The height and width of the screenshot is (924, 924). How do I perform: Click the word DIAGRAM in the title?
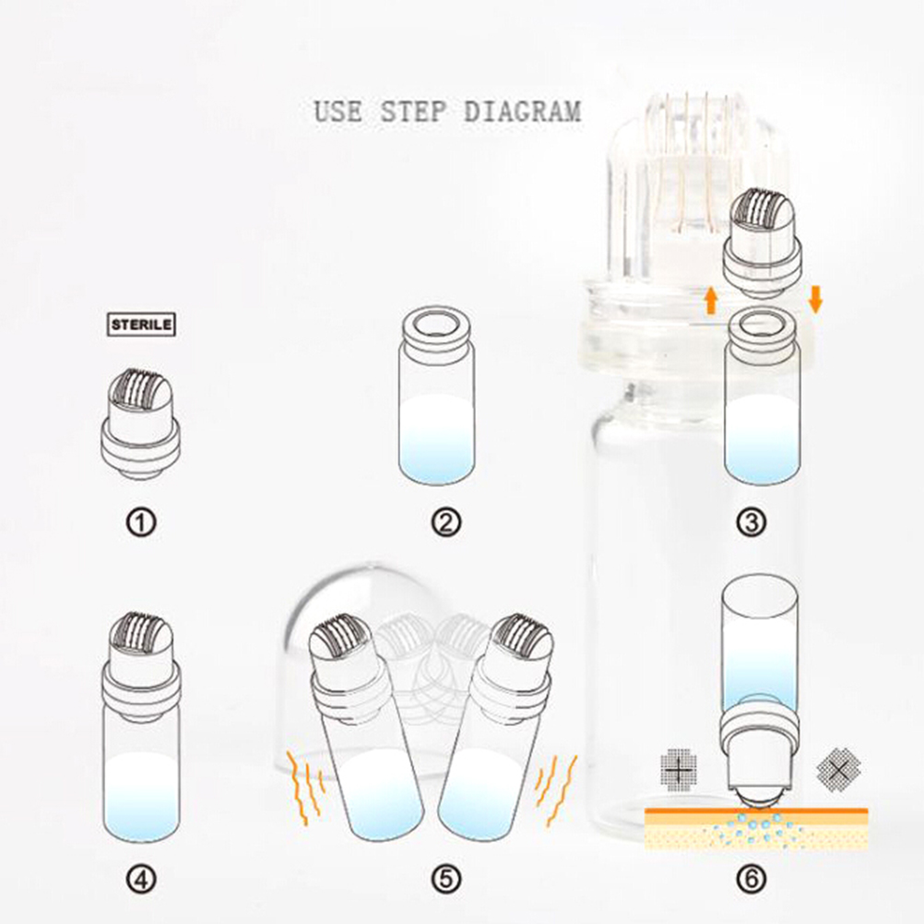click(522, 111)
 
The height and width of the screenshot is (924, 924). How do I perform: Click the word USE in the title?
click(338, 111)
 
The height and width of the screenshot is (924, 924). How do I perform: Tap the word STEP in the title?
click(412, 111)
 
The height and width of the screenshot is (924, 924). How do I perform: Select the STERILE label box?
click(141, 325)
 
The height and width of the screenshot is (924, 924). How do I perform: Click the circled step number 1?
click(141, 522)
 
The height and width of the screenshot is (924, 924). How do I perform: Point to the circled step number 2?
click(445, 522)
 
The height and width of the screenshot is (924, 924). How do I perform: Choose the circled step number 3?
click(752, 522)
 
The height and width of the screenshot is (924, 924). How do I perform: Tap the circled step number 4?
click(141, 880)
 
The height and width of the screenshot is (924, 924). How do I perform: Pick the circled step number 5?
click(445, 880)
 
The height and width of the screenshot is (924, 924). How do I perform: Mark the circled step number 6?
click(752, 880)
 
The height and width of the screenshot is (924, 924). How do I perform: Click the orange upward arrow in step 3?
click(711, 300)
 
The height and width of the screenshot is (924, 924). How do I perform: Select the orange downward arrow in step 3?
click(815, 299)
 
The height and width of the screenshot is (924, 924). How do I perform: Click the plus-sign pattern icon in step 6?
click(679, 768)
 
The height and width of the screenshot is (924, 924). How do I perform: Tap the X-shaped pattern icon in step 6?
click(838, 768)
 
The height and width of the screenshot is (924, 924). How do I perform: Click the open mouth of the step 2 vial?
click(436, 323)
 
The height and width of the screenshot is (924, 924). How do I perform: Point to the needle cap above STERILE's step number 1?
click(140, 423)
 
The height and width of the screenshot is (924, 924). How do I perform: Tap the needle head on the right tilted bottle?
click(523, 637)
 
